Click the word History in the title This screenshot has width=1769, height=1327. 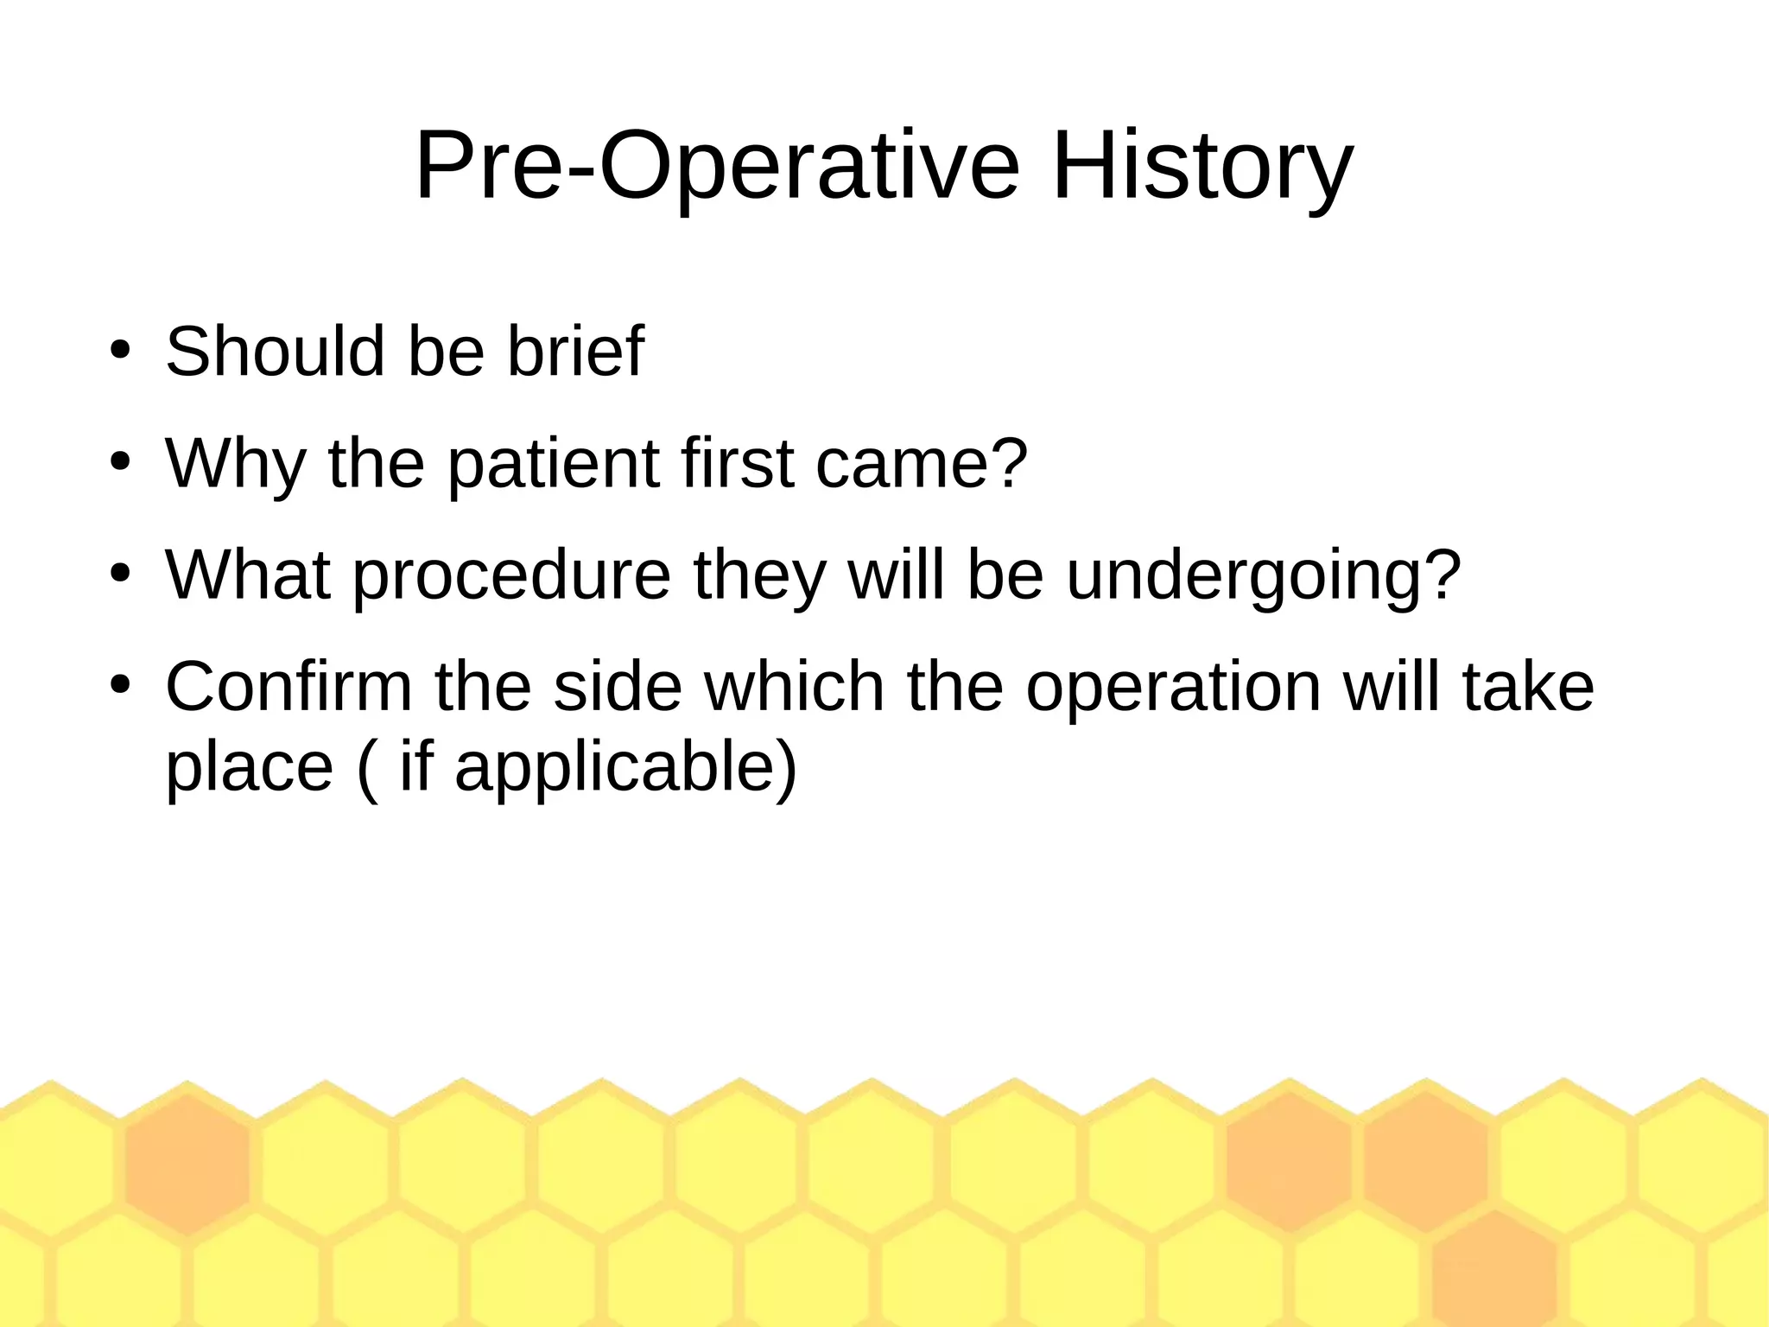coord(1202,166)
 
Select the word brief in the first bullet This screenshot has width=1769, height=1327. coord(574,352)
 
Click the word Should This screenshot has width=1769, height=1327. coord(275,352)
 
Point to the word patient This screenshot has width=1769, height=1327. coord(553,465)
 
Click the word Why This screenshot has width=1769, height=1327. coord(235,465)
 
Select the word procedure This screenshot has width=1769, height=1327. coord(511,575)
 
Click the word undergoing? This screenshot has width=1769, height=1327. coord(1264,577)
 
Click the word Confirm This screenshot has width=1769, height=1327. coord(288,687)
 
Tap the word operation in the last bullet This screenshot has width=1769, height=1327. coord(1174,689)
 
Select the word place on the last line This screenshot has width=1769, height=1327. coord(249,768)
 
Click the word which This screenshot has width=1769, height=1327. coord(795,687)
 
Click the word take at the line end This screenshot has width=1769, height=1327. coord(1527,687)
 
